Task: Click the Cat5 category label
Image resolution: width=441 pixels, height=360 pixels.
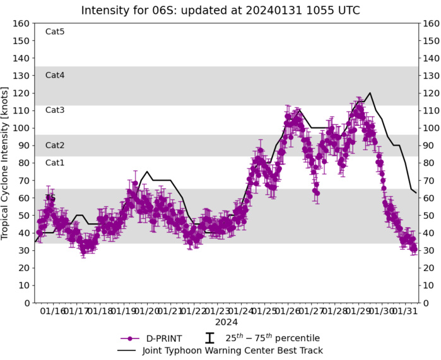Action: pos(55,32)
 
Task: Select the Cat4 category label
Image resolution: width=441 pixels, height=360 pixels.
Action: pos(55,75)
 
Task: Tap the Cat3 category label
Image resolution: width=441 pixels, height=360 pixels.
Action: pos(55,110)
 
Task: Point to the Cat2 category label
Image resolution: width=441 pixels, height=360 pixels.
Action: pos(55,145)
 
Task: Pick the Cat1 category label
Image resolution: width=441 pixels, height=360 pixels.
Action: pos(55,163)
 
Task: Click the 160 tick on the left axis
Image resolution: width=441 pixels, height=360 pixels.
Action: pos(23,23)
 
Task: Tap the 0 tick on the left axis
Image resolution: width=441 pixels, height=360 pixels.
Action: pos(26,303)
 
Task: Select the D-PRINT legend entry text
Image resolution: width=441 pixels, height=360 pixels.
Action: pos(162,339)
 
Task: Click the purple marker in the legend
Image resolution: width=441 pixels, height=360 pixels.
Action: pos(129,339)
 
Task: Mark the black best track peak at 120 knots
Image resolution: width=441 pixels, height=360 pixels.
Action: pos(370,93)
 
